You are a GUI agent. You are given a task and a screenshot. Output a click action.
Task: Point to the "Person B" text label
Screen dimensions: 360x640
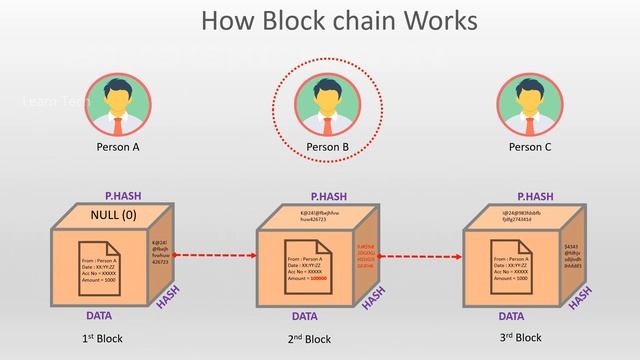pyautogui.click(x=327, y=148)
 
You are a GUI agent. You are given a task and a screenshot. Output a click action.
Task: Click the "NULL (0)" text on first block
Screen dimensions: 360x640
pyautogui.click(x=112, y=215)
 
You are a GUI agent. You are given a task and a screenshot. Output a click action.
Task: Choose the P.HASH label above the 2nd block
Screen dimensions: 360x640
pyautogui.click(x=327, y=197)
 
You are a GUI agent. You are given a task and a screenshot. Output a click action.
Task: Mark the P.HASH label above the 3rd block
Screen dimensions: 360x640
pyautogui.click(x=533, y=197)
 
